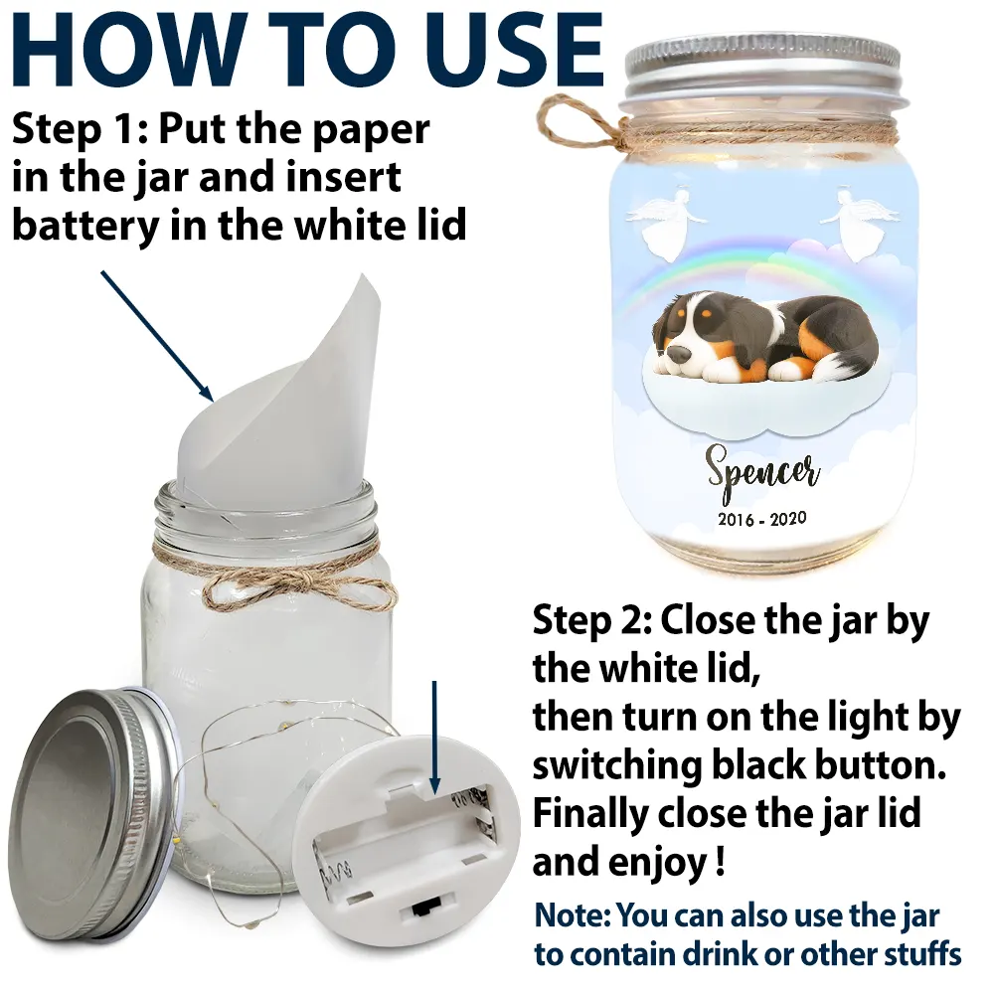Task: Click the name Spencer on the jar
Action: pyautogui.click(x=762, y=471)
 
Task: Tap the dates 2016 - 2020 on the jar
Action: pyautogui.click(x=762, y=519)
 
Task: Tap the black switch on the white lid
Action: pyautogui.click(x=420, y=911)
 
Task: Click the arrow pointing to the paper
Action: pyautogui.click(x=157, y=335)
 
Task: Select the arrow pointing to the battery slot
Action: pyautogui.click(x=434, y=738)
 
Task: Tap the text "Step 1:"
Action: pyautogui.click(x=81, y=128)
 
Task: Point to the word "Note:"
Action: pyautogui.click(x=574, y=916)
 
